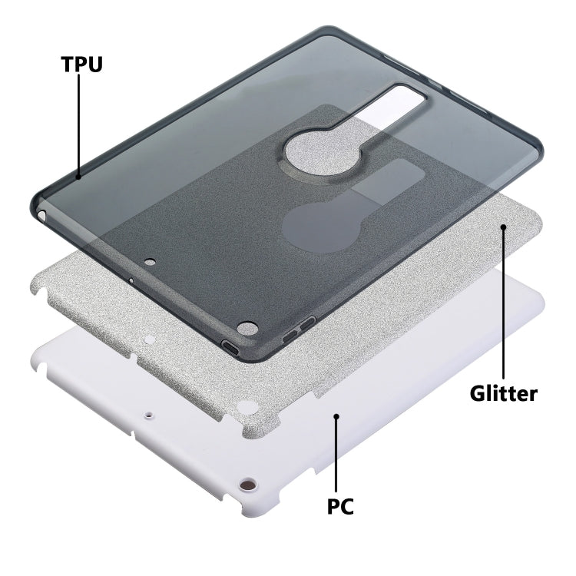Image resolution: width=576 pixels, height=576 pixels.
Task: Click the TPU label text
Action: coord(81,65)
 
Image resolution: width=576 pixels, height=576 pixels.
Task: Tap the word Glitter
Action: coord(503,394)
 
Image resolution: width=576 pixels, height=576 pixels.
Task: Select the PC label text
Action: coord(340,507)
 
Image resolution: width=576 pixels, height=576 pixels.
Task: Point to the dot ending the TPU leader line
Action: coord(78,177)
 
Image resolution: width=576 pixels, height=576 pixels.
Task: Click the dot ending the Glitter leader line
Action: coord(503,227)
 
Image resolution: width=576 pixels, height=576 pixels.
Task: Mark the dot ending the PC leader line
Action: coord(336,415)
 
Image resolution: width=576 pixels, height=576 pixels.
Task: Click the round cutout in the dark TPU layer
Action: coord(322,153)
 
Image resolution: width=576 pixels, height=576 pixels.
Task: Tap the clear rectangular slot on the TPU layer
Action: coord(391,106)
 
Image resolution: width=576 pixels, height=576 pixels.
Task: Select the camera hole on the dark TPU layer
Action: coord(247,328)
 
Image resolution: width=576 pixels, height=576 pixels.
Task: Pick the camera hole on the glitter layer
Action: coord(247,407)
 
